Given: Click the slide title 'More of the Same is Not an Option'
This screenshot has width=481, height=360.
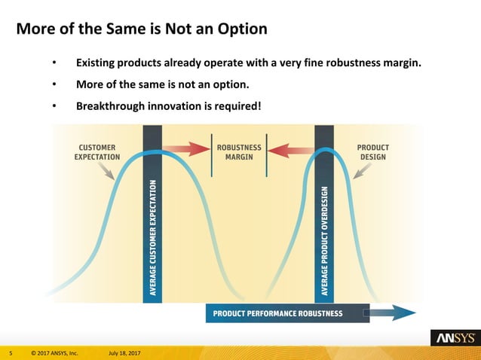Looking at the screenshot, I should (x=141, y=30).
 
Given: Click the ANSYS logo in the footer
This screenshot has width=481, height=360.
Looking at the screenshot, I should (x=452, y=338).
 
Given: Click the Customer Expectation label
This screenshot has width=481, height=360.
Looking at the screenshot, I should (x=99, y=152).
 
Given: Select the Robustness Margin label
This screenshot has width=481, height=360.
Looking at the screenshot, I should (x=239, y=152).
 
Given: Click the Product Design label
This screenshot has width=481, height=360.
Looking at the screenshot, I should (x=372, y=152).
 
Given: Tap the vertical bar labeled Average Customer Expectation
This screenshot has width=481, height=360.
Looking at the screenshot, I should (x=152, y=226).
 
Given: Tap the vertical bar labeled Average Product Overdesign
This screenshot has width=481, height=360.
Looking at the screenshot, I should (x=324, y=226).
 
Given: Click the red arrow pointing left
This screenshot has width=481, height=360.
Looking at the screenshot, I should (x=290, y=150).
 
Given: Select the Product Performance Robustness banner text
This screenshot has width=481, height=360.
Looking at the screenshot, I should (x=277, y=313).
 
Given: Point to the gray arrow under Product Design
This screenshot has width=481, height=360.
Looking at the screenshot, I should (x=362, y=172).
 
